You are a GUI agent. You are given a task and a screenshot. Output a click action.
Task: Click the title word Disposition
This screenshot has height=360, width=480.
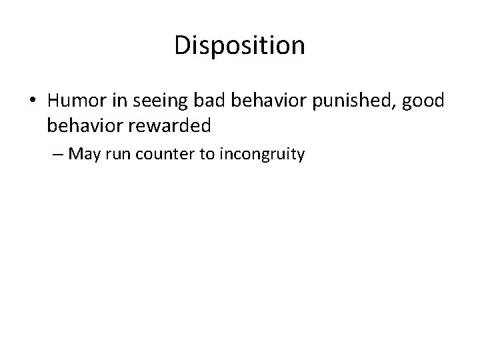(239, 46)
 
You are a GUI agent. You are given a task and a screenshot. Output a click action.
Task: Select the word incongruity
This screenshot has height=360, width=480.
(261, 155)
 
